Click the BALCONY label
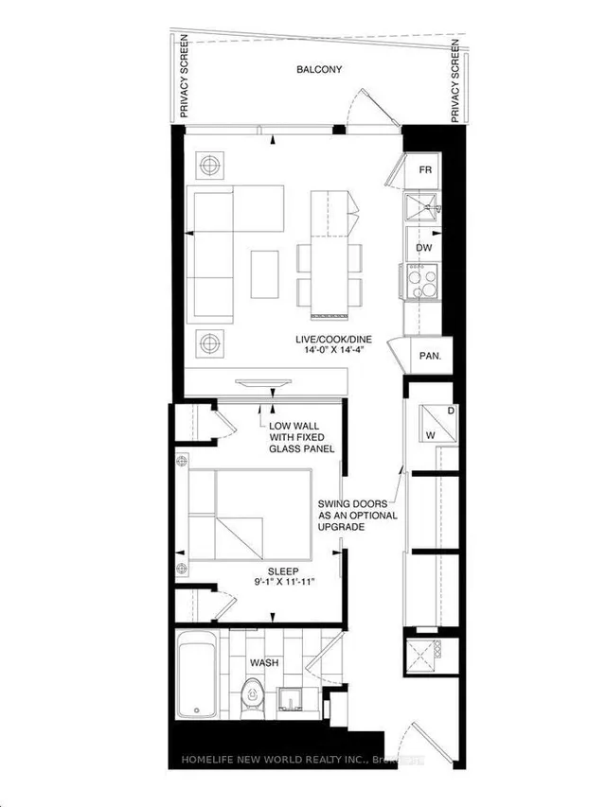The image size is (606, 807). click(x=318, y=70)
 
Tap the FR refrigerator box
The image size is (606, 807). click(x=425, y=170)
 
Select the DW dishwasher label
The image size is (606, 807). click(x=424, y=247)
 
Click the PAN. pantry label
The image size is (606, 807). click(x=423, y=358)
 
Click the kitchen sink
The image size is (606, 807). click(x=423, y=206)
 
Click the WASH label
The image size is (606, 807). click(x=264, y=663)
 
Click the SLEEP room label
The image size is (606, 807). click(x=282, y=571)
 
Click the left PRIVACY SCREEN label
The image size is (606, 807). click(x=183, y=78)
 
